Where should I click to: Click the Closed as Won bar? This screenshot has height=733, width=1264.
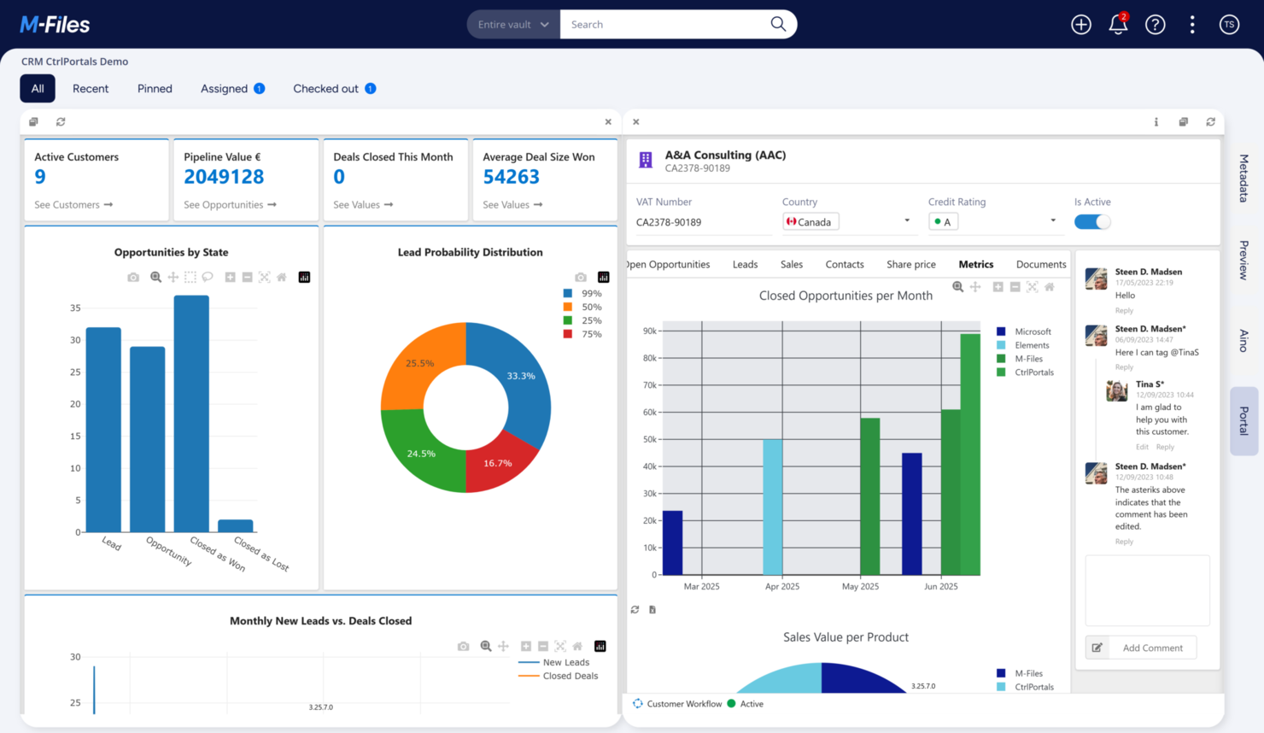(x=191, y=414)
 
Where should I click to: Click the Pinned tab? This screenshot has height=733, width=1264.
(x=155, y=89)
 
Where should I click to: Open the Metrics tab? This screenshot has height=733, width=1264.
(x=975, y=265)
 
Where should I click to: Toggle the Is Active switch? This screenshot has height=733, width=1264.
(x=1091, y=222)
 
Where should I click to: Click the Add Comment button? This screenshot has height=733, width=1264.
(x=1151, y=648)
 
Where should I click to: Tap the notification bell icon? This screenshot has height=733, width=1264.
(x=1118, y=25)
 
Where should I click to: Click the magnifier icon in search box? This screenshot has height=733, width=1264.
(x=778, y=24)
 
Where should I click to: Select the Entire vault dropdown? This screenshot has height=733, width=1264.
(x=513, y=25)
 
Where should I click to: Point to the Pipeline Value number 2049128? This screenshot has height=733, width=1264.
(x=224, y=177)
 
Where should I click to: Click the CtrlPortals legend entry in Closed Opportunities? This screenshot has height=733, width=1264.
(x=1033, y=372)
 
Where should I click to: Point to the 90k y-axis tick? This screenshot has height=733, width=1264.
(x=650, y=331)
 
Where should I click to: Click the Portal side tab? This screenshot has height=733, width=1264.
(x=1244, y=420)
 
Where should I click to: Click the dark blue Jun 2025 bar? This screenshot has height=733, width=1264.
(x=912, y=513)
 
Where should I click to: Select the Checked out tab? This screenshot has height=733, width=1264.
(x=325, y=89)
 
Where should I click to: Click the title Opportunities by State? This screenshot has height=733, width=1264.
(x=171, y=253)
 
